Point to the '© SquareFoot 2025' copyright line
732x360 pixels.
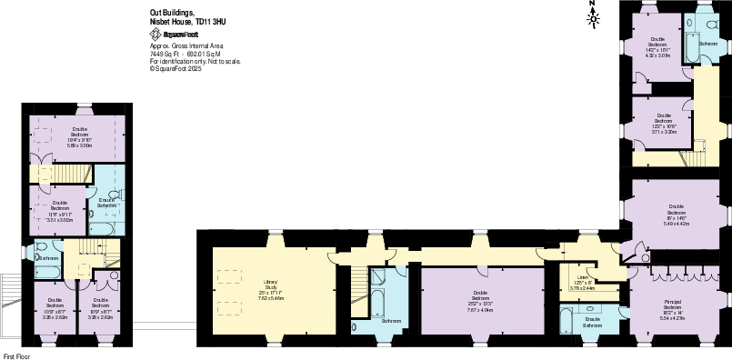tap(175, 68)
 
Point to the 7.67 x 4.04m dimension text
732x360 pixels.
tap(481, 309)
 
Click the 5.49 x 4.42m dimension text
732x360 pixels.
tap(677, 223)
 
